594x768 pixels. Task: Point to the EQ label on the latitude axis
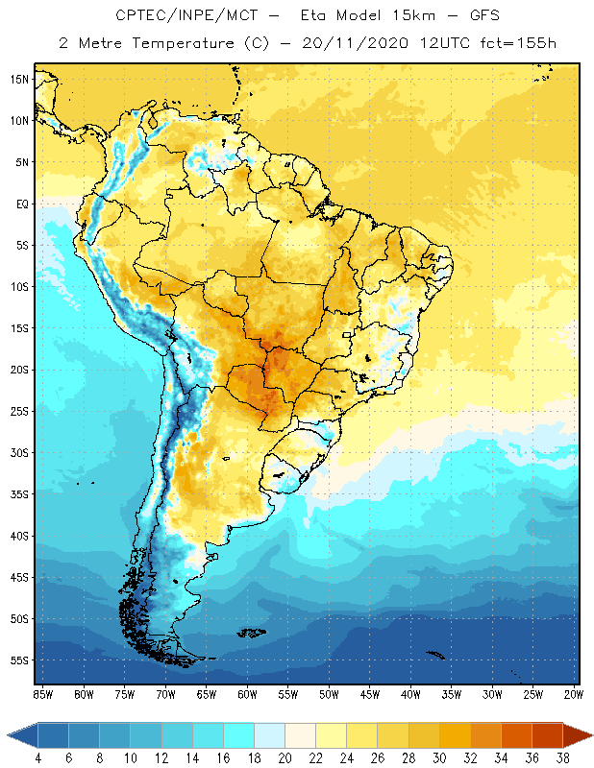pos(22,204)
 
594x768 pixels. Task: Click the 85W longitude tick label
pos(42,694)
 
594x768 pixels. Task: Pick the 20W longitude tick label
pos(572,694)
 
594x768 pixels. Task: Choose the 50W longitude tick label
pos(329,694)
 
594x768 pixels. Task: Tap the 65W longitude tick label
pos(206,694)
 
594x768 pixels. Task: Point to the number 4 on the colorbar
pos(38,758)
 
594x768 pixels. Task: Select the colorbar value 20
pos(285,758)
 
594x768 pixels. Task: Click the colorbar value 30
pos(439,758)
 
